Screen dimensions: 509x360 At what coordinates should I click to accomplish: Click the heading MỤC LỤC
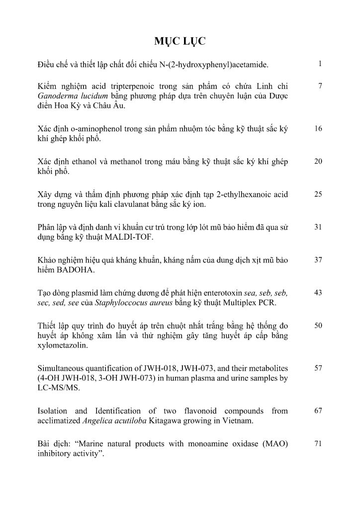[180, 41]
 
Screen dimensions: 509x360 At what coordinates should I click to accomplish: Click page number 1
[321, 64]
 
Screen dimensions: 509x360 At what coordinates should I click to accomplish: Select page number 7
[321, 86]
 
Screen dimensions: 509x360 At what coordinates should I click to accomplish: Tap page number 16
[319, 128]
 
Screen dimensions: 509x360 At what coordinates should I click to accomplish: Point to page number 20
[319, 161]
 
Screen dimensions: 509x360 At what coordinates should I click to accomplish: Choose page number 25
[319, 194]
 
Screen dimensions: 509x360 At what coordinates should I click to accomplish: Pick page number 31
[319, 227]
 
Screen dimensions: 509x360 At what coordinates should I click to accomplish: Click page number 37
[319, 260]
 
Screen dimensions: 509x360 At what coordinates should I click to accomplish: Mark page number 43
[319, 293]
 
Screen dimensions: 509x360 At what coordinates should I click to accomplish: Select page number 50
[319, 326]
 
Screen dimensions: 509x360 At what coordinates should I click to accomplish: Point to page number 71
[319, 444]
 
